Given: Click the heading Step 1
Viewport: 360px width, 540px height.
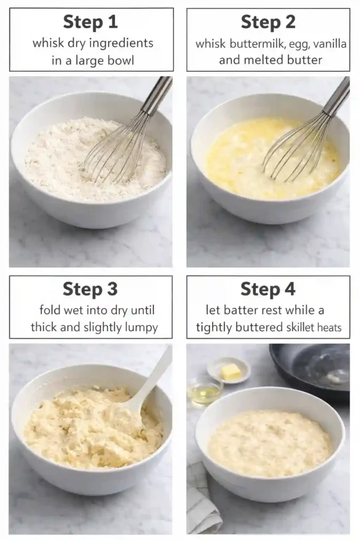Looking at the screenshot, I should point(90,22).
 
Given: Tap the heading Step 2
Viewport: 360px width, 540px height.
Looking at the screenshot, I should point(268,22).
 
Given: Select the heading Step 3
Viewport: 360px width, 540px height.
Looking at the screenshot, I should point(90,289).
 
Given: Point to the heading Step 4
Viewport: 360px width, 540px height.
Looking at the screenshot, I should point(268,289).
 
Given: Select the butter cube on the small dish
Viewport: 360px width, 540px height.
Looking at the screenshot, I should point(230,371).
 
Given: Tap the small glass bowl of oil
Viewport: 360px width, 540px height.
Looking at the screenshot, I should point(205,392).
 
